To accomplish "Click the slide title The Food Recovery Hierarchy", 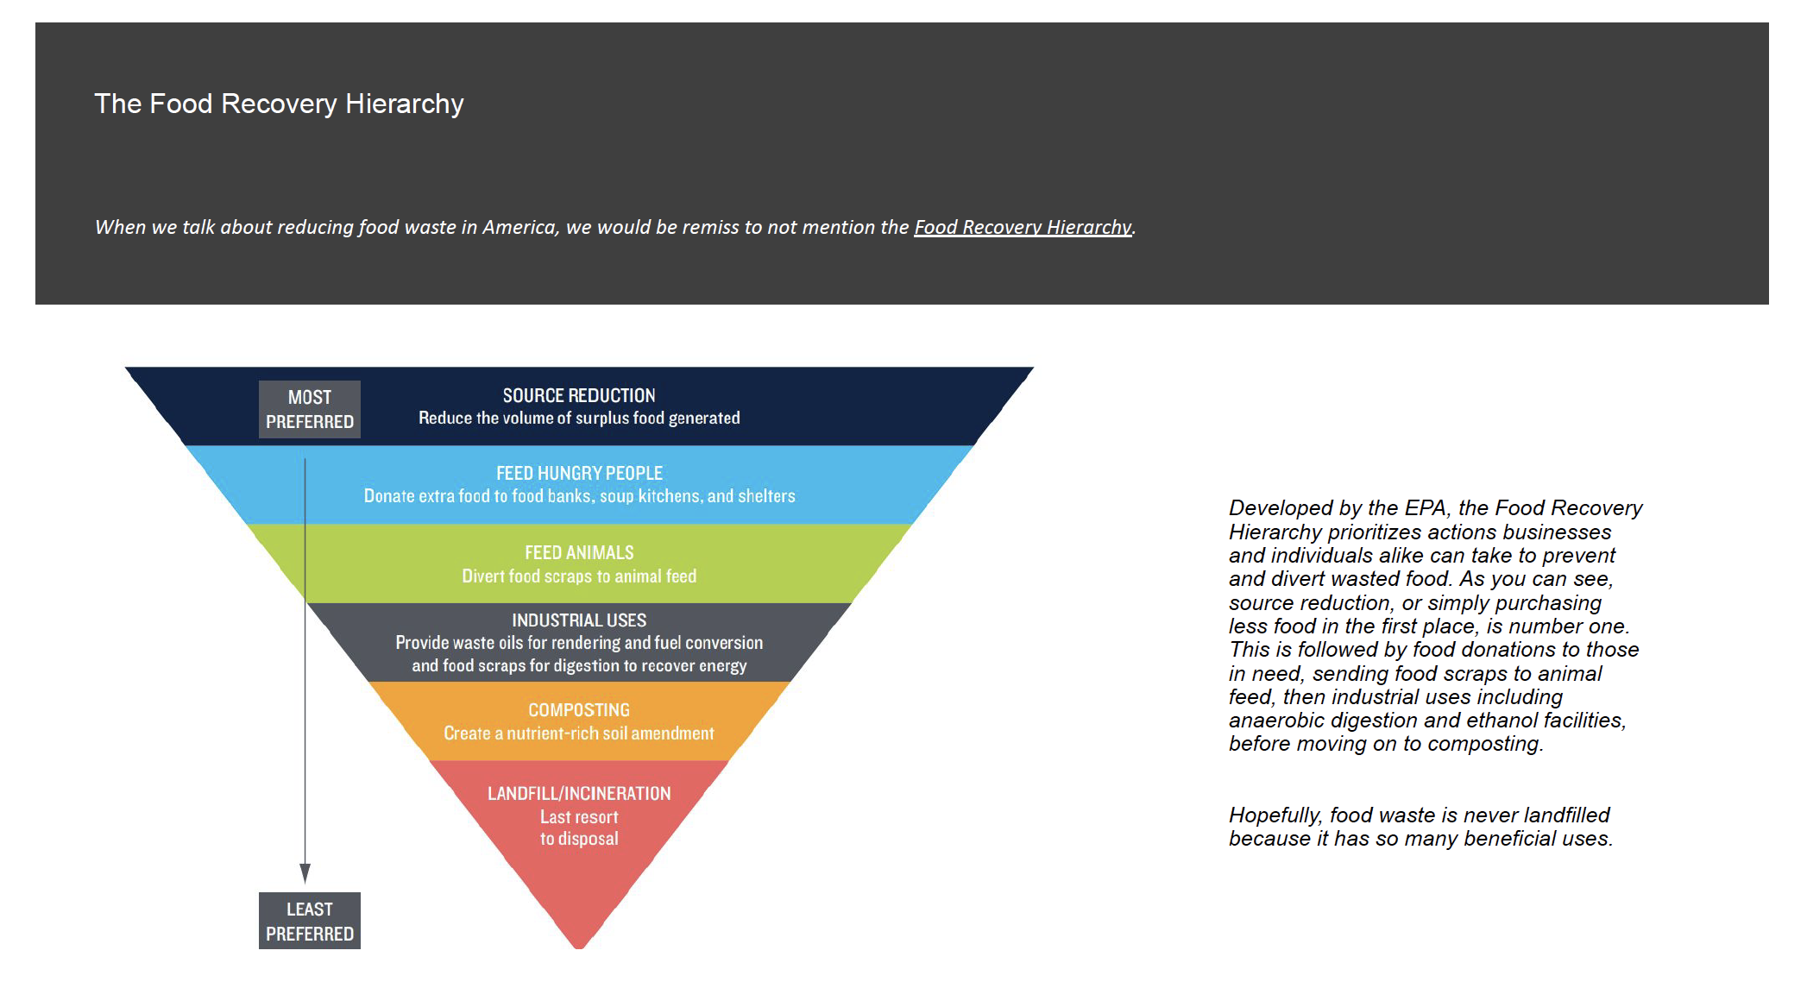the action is coord(279,104).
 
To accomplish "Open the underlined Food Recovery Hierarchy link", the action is coord(1023,227).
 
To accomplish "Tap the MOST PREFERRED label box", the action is coord(310,409).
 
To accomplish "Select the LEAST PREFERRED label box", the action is coord(310,921).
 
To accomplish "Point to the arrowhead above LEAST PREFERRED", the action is coord(305,873).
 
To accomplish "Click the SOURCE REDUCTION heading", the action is coord(579,395).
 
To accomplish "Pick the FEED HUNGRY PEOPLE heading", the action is coord(579,473).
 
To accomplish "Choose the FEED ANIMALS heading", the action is coord(579,552).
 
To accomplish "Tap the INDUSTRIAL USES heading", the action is coord(579,620).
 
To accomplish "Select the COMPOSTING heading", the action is coord(579,710).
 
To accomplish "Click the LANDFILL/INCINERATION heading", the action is coord(579,793).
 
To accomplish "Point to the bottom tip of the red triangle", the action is coord(579,948).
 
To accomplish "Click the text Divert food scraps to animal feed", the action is coord(579,576).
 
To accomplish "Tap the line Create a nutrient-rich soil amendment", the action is coord(579,733).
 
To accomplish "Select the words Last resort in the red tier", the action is coord(579,816).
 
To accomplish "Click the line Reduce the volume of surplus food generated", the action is coord(579,418).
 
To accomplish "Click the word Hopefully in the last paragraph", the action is coord(1275,815).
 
